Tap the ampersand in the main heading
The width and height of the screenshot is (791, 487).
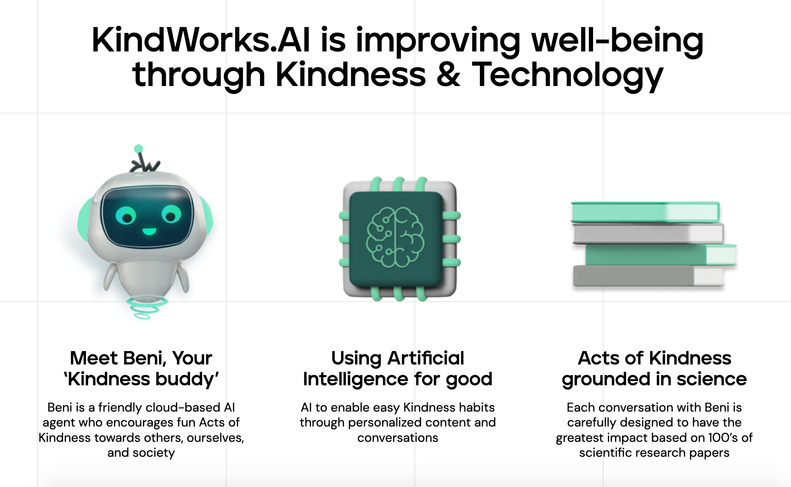(448, 75)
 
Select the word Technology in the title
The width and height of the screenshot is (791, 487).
(568, 76)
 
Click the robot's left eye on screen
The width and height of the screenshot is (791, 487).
(126, 215)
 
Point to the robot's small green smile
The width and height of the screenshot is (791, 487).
(149, 231)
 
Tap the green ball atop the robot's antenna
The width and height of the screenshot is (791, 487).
(138, 148)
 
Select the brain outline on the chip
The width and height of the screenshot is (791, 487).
(395, 238)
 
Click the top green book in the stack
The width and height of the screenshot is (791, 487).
(645, 212)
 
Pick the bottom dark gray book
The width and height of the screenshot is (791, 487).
(648, 276)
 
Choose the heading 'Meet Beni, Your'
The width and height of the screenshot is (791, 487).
(141, 358)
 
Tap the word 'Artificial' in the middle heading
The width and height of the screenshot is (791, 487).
(426, 358)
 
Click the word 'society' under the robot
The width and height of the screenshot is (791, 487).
(154, 453)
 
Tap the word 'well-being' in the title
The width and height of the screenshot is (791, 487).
(617, 40)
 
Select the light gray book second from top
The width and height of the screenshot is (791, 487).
(648, 234)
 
